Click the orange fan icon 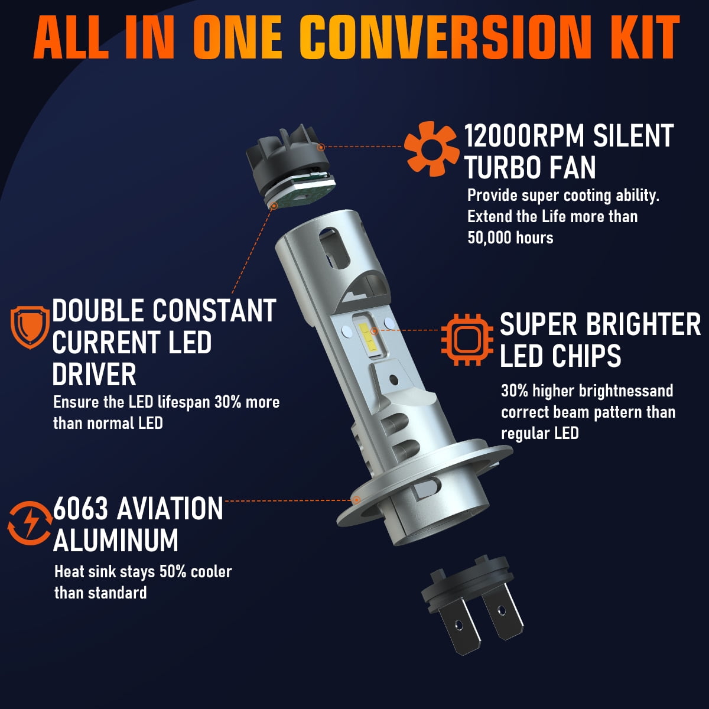click(x=431, y=148)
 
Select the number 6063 click(x=80, y=509)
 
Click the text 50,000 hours click(x=510, y=238)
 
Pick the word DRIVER click(x=94, y=375)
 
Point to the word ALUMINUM click(x=116, y=540)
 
